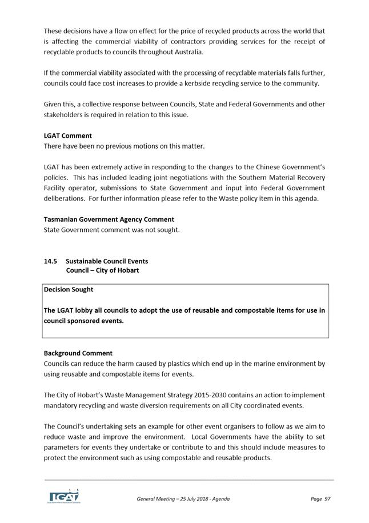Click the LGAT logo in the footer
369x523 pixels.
pyautogui.click(x=63, y=496)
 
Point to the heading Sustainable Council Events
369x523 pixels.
pyautogui.click(x=107, y=261)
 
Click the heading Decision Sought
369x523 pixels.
pyautogui.click(x=69, y=290)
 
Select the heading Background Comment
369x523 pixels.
pyautogui.click(x=78, y=353)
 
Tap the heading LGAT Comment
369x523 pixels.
pyautogui.click(x=67, y=136)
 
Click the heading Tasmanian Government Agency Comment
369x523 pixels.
pyautogui.click(x=109, y=219)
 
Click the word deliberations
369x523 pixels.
pyautogui.click(x=67, y=198)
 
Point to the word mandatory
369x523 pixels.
pyautogui.click(x=62, y=405)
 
